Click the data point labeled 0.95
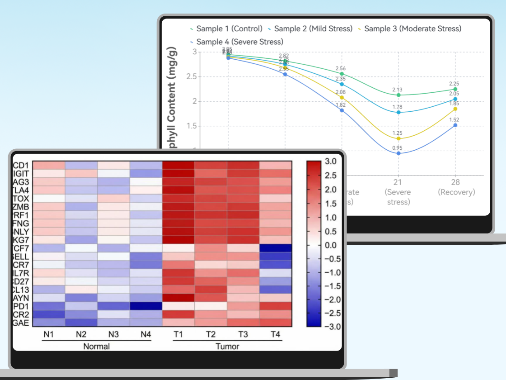pos(398,153)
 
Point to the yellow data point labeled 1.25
pos(398,138)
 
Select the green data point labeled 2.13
pos(398,95)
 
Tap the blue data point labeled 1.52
pos(455,125)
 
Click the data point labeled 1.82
pos(342,110)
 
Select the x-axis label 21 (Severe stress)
pos(398,192)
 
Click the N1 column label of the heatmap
pos(49,335)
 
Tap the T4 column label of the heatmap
pos(275,335)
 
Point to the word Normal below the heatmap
pos(97,347)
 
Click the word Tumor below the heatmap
pos(227,347)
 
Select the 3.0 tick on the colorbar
pos(331,161)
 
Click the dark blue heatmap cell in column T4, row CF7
pos(276,248)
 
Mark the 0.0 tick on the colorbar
pos(331,245)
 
